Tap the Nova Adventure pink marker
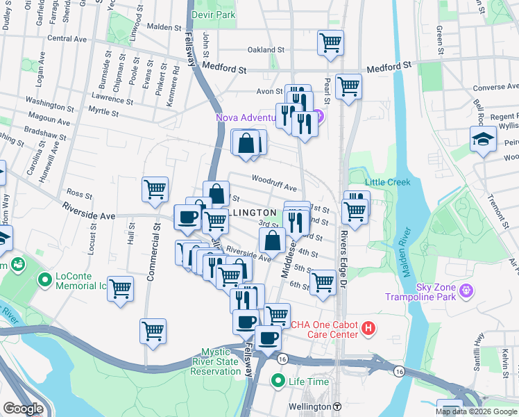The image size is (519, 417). point(318,115)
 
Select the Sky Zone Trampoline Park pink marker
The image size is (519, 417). point(466,289)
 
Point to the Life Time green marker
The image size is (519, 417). point(278,381)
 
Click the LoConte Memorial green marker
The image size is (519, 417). point(46,280)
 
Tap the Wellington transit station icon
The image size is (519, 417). point(337,406)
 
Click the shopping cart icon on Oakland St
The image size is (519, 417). point(330,42)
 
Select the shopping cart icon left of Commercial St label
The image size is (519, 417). point(121,288)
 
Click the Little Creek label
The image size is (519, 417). point(388,182)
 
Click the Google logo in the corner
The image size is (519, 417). point(23,409)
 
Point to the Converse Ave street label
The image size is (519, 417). point(495,88)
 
